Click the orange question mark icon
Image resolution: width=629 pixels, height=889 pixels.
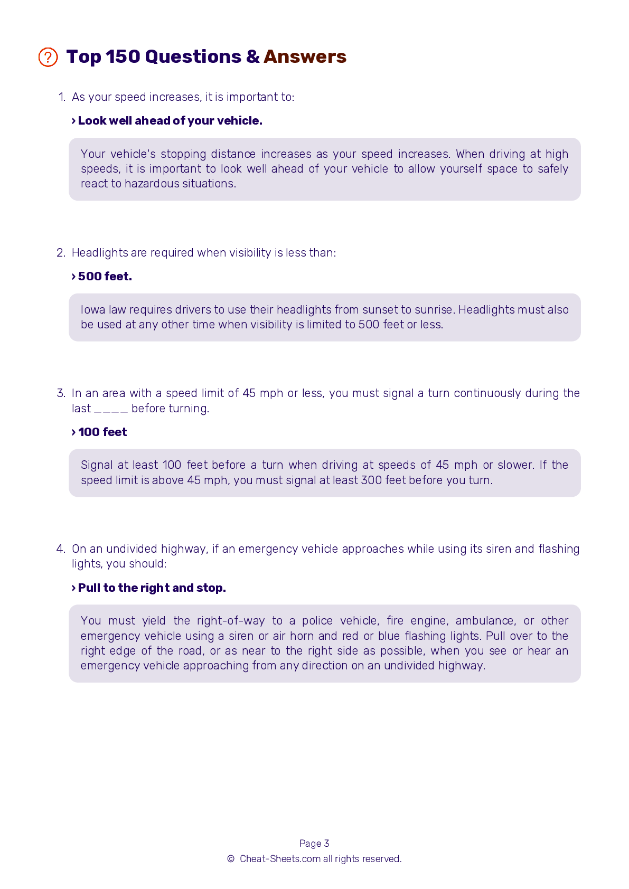[48, 57]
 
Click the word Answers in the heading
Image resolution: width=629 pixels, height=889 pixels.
[305, 56]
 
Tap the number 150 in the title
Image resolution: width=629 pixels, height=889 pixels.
[123, 56]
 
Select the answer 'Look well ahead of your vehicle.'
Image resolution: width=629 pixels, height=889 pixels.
[170, 121]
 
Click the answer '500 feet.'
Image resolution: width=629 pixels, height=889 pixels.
[105, 277]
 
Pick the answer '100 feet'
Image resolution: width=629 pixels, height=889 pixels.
[102, 432]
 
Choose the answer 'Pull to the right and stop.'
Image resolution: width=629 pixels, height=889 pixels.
[152, 588]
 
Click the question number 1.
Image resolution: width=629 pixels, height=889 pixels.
[62, 97]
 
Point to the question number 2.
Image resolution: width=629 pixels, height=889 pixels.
[61, 253]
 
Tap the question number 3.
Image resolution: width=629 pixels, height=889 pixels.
[61, 393]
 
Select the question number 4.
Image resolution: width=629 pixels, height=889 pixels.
[61, 549]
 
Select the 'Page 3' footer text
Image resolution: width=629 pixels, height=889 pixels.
[314, 844]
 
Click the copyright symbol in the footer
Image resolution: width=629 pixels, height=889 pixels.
[231, 859]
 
